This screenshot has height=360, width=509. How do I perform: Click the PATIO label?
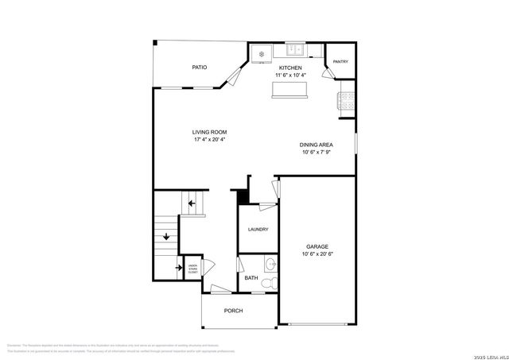[x=200, y=68]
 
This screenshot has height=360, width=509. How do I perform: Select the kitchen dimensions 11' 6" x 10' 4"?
[x=289, y=75]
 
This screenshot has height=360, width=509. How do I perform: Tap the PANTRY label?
[x=340, y=61]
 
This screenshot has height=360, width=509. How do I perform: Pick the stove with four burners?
[x=347, y=100]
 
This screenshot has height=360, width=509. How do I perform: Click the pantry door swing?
[x=328, y=72]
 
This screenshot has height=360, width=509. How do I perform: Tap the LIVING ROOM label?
[x=209, y=132]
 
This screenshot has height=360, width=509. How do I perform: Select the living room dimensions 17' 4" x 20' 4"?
[x=209, y=140]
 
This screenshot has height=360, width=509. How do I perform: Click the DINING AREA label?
[x=317, y=145]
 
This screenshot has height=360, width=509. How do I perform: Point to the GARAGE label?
[x=317, y=246]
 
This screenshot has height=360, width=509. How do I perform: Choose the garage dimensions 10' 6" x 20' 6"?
[x=317, y=254]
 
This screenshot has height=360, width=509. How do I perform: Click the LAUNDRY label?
[x=258, y=230]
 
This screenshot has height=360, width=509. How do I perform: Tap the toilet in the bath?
[x=269, y=282]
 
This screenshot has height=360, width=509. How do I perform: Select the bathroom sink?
[x=270, y=265]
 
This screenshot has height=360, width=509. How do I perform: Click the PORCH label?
[x=233, y=311]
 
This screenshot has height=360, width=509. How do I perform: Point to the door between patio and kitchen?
[x=232, y=75]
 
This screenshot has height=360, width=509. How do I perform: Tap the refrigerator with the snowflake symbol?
[x=262, y=53]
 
